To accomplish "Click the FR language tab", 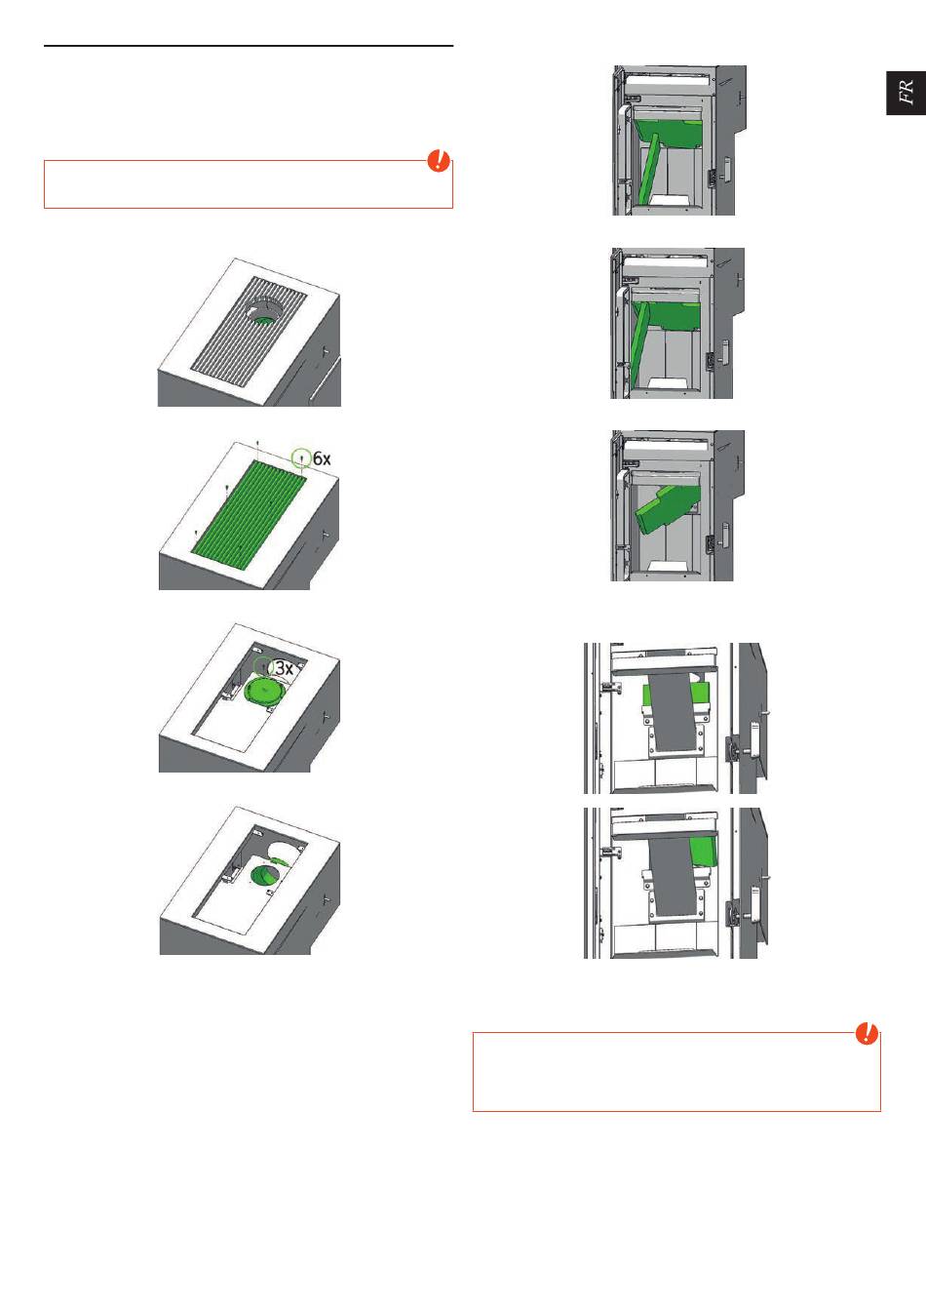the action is (906, 93).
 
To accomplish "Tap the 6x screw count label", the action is (322, 458).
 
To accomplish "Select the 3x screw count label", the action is (285, 668).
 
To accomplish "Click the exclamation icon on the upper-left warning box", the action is (438, 160).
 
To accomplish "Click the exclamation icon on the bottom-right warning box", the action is (867, 1033).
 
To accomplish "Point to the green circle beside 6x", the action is (301, 457).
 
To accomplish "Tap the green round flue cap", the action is (265, 692).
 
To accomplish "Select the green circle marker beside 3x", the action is (263, 666).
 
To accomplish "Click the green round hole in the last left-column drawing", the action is (265, 876).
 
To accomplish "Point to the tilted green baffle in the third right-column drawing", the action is (668, 508).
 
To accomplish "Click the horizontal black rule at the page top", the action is (249, 45).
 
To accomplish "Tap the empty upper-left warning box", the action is (249, 184).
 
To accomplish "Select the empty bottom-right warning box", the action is (676, 1072).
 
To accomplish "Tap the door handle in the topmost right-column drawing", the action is (725, 169).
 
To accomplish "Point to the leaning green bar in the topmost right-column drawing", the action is (647, 169).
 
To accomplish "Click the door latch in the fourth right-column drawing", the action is (733, 749).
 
